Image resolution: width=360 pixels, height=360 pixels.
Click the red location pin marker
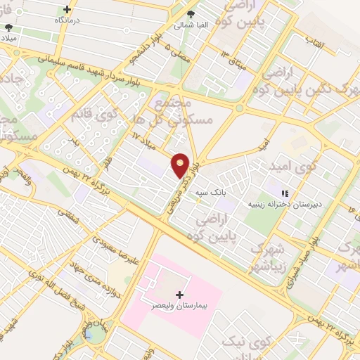[x=181, y=165]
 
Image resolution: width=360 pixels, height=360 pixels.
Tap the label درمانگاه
[x=67, y=21]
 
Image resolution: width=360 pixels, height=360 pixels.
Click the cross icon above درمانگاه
[x=67, y=10]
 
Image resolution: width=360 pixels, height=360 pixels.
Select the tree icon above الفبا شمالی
[x=191, y=14]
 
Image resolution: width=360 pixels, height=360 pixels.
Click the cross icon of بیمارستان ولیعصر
[x=180, y=295]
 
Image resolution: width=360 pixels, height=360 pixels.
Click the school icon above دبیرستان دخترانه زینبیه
[x=285, y=193]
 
